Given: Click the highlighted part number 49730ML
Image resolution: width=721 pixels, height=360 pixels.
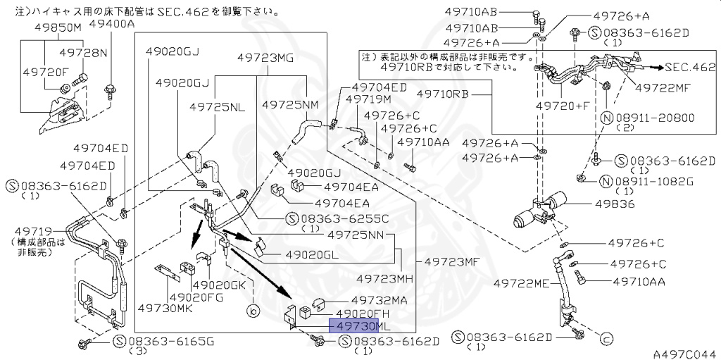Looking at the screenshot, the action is tap(359, 326).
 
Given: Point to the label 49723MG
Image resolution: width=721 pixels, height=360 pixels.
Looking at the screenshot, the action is tap(265, 58).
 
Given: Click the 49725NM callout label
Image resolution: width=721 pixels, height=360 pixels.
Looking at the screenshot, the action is tap(290, 104).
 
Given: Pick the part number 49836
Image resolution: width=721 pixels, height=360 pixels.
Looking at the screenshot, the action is tap(615, 204).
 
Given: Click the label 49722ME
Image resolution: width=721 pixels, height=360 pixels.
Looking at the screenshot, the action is tap(521, 283).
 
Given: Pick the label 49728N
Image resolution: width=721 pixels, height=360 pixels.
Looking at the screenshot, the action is tap(84, 53).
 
